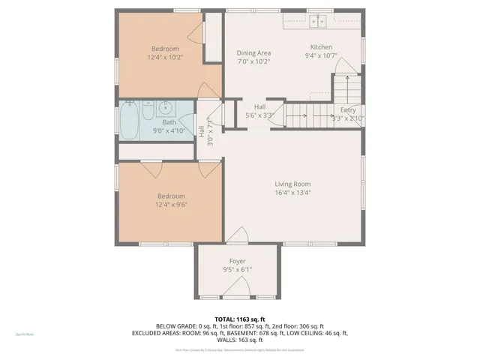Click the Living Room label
292,184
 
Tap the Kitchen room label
321,46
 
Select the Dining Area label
253,53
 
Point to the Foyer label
237,261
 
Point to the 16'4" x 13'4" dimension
292,193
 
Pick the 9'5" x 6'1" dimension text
237,270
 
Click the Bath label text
169,122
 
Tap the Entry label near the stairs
348,109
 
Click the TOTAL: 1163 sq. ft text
239,319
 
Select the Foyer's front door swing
241,287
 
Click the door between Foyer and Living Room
237,235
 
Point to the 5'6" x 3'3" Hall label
259,115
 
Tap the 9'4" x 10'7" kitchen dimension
322,55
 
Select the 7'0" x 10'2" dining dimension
253,62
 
